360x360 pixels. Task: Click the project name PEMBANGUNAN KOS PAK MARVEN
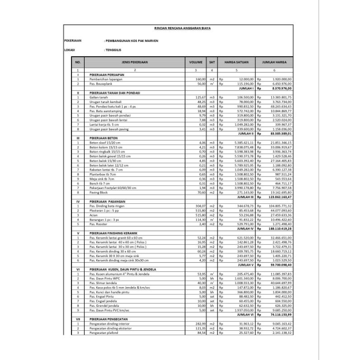[131, 40]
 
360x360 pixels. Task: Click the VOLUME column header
[196, 63]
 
